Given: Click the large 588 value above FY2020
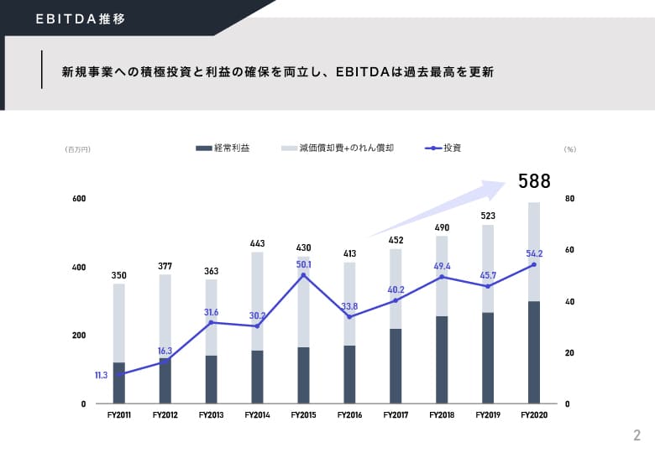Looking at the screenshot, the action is [534, 181].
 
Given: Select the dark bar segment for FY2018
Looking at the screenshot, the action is [442, 360].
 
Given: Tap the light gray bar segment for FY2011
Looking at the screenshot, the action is [119, 323].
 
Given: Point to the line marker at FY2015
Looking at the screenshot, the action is [303, 275].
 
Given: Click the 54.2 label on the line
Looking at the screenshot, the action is [534, 253].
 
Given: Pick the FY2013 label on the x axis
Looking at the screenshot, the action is [211, 415].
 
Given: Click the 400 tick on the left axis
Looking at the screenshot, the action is [79, 267].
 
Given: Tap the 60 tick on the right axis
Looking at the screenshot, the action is [570, 250].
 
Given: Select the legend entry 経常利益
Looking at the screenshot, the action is [223, 148].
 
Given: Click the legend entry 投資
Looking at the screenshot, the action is [443, 148].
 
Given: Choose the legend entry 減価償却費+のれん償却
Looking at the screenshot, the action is [338, 148].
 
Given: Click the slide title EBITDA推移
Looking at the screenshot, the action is [81, 18].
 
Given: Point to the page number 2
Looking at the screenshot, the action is [637, 435].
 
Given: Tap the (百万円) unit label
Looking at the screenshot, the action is [78, 149].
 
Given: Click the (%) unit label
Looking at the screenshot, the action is [570, 149].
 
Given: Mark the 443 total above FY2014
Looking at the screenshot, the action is [257, 243].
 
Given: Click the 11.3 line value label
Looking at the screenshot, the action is [101, 375].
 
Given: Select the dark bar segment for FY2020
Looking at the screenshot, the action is [534, 352].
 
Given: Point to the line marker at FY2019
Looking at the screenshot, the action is [488, 286].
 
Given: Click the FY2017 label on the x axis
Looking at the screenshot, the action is [396, 415].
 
